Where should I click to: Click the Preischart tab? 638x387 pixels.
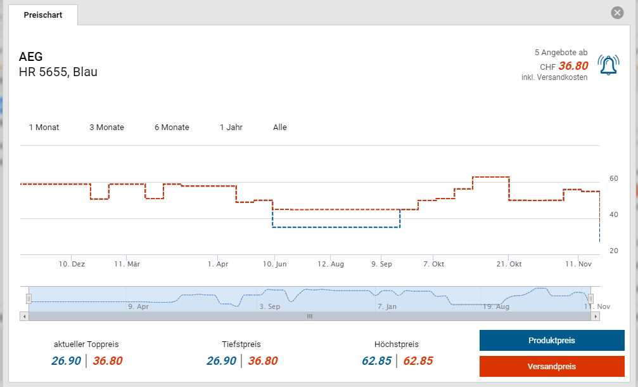pos(43,15)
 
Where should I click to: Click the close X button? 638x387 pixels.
pos(617,13)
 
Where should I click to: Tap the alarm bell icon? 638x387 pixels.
pos(608,65)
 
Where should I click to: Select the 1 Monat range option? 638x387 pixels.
pos(44,128)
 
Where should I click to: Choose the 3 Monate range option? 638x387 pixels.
pos(106,128)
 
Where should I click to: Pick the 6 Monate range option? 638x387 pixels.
pos(172,128)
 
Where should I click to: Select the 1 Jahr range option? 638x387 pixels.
pos(231,128)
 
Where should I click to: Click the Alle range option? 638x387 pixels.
pos(280,128)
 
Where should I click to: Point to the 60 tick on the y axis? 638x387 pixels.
pos(613,178)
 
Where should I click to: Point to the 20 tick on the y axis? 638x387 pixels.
pos(613,251)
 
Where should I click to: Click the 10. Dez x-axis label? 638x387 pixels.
pos(72,264)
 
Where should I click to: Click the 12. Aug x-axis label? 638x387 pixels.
pos(331,264)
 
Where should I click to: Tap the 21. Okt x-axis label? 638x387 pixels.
pos(509,264)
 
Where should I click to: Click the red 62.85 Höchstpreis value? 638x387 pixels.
pos(418,361)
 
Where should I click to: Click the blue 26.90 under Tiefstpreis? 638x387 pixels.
pos(221,361)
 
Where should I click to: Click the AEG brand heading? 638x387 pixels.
pos(31,57)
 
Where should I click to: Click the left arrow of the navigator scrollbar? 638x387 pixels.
pos(25,316)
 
